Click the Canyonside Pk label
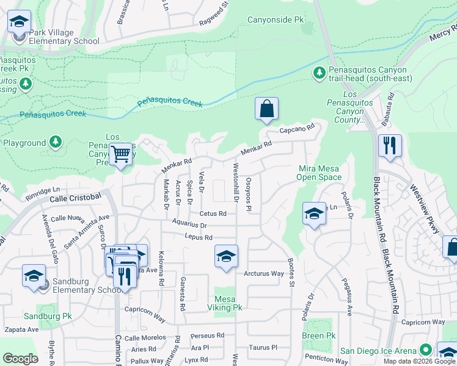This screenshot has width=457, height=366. click(x=275, y=20)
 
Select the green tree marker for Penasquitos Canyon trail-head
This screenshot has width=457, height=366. click(x=319, y=73)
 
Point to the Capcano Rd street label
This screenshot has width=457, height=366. click(x=296, y=129)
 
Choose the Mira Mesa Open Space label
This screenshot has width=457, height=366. click(x=319, y=173)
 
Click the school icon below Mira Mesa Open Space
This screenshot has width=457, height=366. click(x=314, y=213)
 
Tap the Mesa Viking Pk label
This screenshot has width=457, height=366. click(x=224, y=303)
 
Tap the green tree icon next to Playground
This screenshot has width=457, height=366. click(x=56, y=143)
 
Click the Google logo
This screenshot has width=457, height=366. click(x=20, y=358)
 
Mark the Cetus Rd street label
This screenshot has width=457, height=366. click(x=213, y=213)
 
